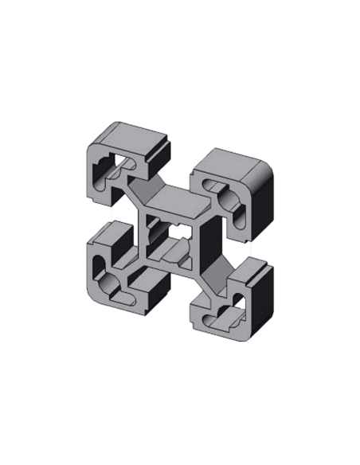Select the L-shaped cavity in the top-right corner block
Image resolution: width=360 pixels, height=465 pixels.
click(x=229, y=197)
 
